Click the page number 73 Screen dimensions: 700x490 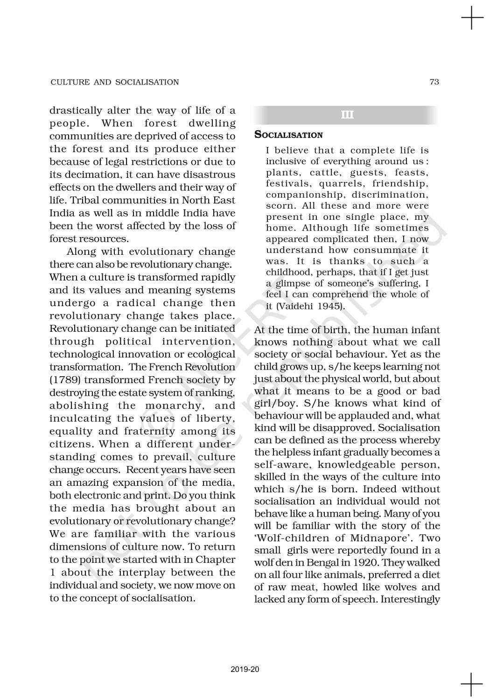[x=434, y=82]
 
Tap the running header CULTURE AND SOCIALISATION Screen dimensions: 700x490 [x=114, y=82]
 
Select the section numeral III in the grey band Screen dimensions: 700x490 [x=347, y=115]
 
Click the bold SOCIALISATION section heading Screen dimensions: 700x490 [x=288, y=135]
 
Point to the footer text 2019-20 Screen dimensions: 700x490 [x=245, y=670]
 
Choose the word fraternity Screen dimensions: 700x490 [x=149, y=431]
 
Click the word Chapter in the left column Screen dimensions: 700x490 [x=216, y=560]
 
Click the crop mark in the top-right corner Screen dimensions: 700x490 [x=472, y=18]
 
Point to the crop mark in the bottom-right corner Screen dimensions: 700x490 [x=472, y=685]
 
